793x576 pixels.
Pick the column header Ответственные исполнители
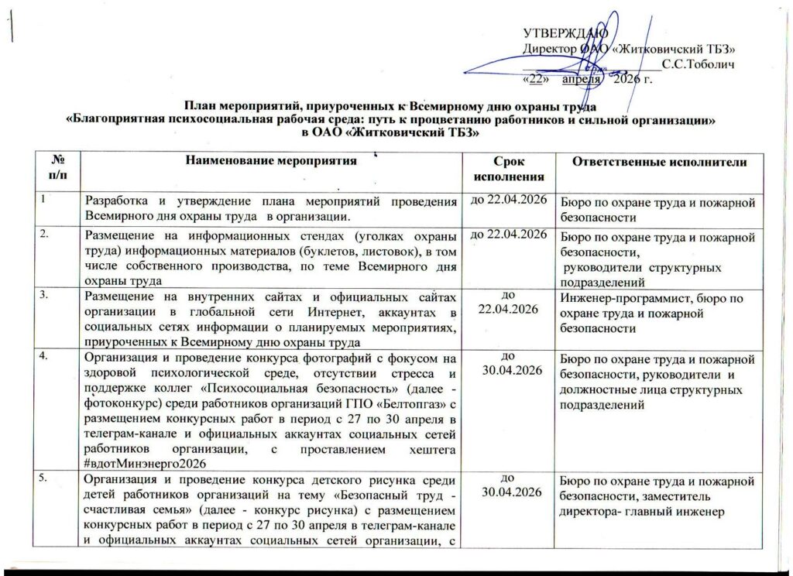click(658, 161)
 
